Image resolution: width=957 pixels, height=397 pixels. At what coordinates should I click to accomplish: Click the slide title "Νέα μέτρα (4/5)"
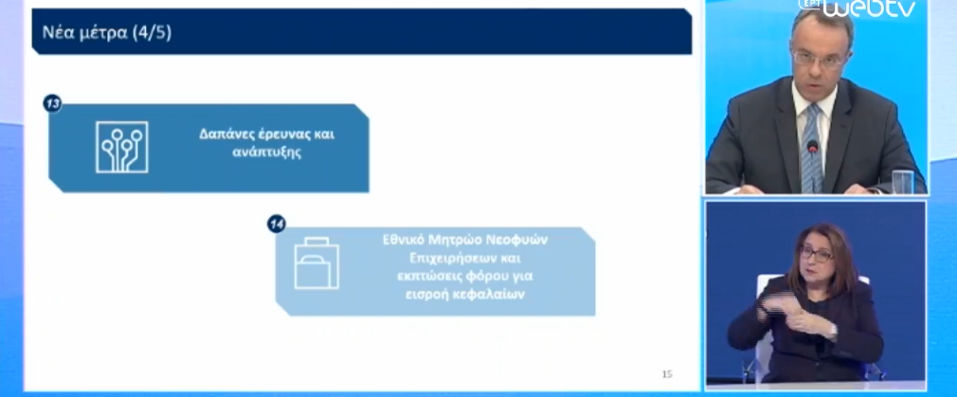click(107, 32)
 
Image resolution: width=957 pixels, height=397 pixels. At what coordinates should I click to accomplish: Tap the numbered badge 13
click(52, 104)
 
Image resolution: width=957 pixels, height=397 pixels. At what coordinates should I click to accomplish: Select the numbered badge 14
click(277, 225)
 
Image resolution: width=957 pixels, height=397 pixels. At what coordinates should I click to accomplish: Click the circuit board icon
click(122, 147)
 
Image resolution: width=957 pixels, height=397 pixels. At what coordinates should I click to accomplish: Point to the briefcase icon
click(316, 262)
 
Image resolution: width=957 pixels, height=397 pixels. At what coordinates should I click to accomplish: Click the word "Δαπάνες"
click(223, 135)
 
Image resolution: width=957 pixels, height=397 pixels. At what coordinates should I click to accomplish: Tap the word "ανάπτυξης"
click(266, 153)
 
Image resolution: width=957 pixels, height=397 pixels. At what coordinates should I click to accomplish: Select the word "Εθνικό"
click(404, 240)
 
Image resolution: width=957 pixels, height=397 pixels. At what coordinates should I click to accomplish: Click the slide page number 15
click(667, 374)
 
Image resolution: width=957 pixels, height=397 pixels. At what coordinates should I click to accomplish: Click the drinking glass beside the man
click(903, 181)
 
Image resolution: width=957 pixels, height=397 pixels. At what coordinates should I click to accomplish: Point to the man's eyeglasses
click(819, 60)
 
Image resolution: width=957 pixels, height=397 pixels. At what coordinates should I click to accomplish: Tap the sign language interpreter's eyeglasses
click(816, 252)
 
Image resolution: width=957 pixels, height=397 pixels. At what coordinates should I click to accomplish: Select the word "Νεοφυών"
click(519, 240)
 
